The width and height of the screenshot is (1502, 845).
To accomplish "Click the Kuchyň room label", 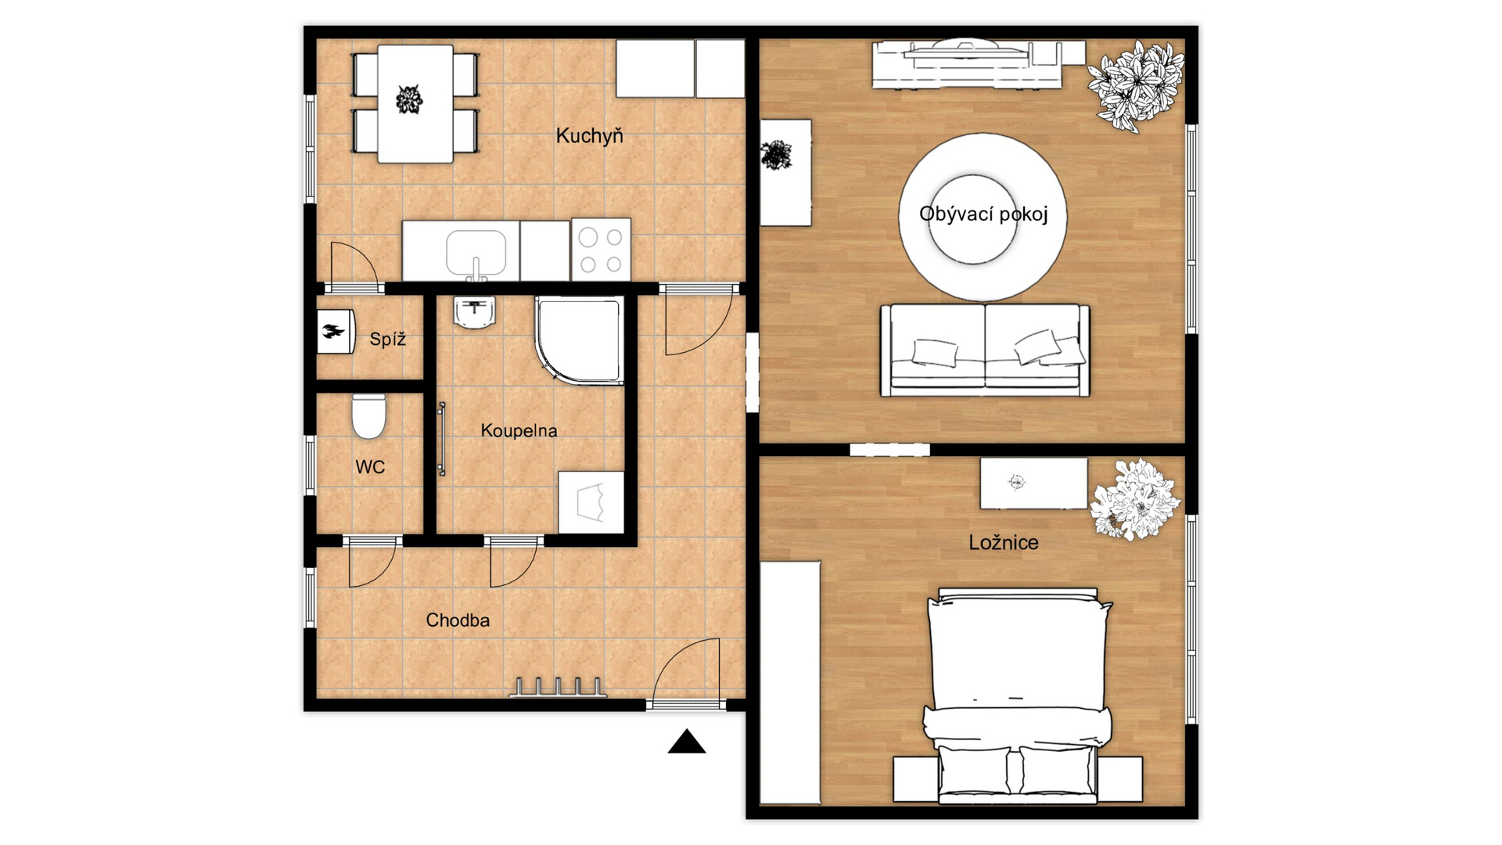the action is pos(589,135).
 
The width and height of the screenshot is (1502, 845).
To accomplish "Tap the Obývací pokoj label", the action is pos(983,214).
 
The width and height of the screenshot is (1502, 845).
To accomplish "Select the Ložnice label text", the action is pos(1004,542).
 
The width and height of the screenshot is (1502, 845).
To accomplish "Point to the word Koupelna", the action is pos(519,430).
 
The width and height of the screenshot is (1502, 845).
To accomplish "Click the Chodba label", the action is pos(458,620).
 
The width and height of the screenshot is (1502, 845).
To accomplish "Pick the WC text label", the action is pos(370,467).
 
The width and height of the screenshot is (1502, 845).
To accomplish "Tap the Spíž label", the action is pos(388,339).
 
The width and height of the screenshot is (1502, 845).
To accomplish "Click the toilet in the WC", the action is pos(368,416).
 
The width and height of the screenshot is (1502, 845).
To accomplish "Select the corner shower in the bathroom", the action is pos(580,340).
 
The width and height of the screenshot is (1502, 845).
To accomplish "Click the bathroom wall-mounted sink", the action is pos(474,312).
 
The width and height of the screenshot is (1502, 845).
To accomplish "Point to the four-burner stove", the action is pos(601,250).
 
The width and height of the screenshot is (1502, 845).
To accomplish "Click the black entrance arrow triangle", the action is pos(687,741).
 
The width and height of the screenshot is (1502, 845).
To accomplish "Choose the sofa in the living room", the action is pos(985,350).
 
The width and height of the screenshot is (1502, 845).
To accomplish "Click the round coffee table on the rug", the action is pos(973,218).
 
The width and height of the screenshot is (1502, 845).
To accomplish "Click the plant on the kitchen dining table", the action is pos(408,99).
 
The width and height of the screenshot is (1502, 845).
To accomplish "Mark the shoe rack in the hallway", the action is pos(558,688).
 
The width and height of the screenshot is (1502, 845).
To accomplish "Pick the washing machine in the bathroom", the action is pos(591,502).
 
